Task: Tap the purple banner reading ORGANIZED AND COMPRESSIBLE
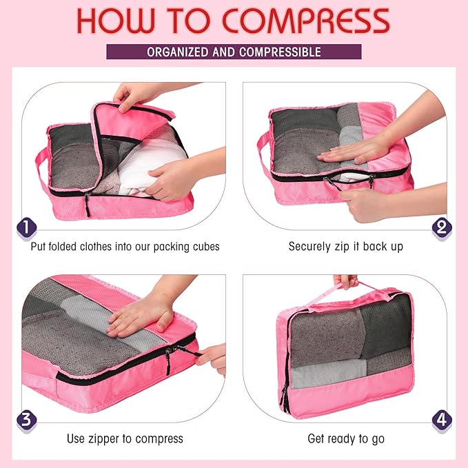coord(234,52)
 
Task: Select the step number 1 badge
coord(26,227)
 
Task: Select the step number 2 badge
coord(442,227)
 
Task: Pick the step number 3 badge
coord(26,418)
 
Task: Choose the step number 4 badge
coord(442,418)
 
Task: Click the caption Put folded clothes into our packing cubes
coord(125,246)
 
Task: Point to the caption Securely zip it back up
coord(345,246)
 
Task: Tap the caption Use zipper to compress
coord(125,438)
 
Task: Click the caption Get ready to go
coord(345,438)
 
